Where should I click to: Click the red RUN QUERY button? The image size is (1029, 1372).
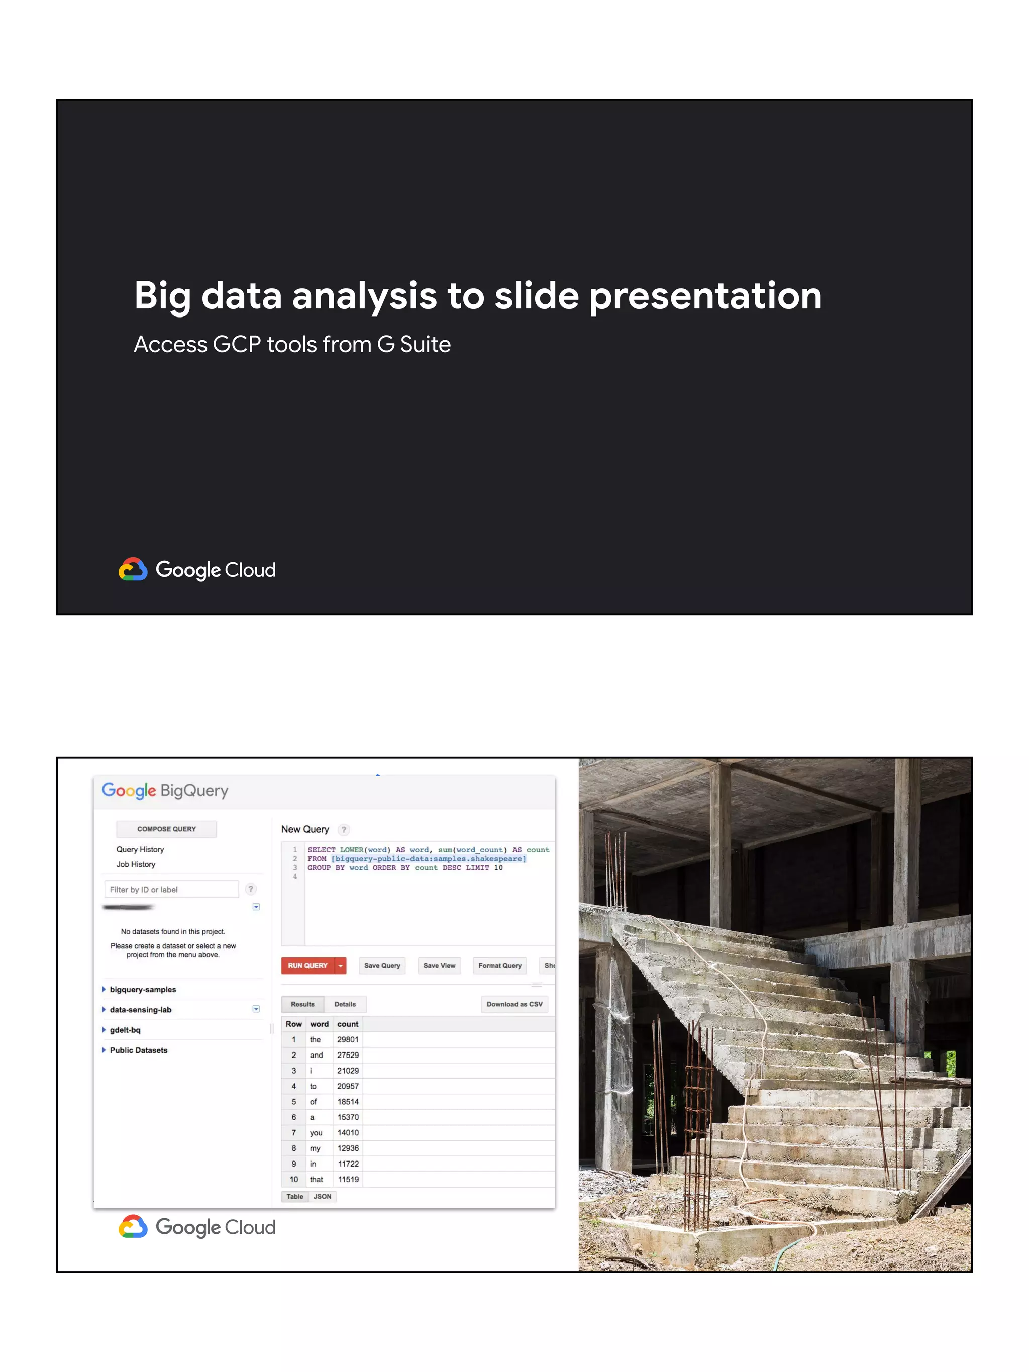click(307, 965)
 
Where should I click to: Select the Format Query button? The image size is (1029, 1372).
click(499, 965)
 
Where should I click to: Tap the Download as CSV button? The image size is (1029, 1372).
click(514, 1004)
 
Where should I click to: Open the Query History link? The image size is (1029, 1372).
click(140, 849)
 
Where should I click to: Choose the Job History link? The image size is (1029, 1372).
click(136, 864)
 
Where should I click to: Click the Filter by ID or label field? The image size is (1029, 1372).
click(171, 889)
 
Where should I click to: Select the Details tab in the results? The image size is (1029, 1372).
click(345, 1004)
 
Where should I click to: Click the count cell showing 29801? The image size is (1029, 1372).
click(347, 1039)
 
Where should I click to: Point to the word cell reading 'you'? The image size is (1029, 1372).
click(316, 1132)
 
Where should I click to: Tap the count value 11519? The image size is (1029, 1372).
click(348, 1179)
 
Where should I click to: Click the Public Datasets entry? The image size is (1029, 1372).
click(138, 1050)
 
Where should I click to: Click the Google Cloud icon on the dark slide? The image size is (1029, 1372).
click(133, 569)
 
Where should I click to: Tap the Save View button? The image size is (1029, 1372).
click(439, 965)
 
